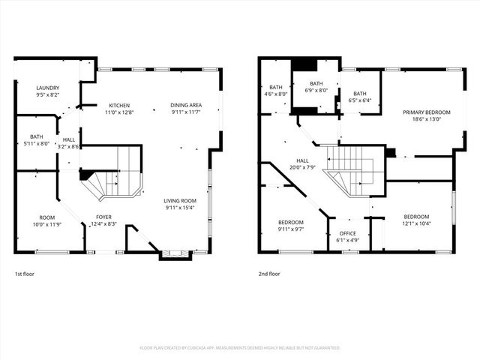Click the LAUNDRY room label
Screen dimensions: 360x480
[x=48, y=88]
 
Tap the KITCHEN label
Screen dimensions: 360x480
[x=119, y=105]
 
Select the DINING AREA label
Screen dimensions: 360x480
[x=185, y=105]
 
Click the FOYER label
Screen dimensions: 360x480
[x=103, y=217]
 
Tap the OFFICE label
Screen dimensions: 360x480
[x=348, y=233]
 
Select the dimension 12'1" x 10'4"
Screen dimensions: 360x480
[x=416, y=223]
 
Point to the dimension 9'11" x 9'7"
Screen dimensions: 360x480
[x=291, y=229]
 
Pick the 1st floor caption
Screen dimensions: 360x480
[x=24, y=274]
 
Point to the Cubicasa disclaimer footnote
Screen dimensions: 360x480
[x=240, y=348]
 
